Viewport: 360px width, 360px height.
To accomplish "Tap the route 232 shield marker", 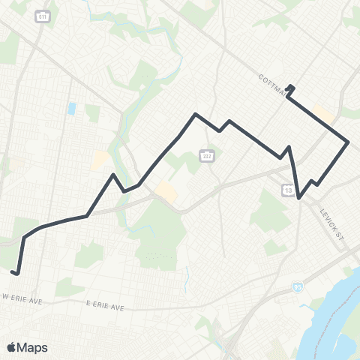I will click(206, 155).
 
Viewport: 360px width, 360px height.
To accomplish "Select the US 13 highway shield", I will click(289, 190).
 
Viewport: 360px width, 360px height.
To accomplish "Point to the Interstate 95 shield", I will click(298, 286).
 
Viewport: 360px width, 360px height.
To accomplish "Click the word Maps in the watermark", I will click(33, 346).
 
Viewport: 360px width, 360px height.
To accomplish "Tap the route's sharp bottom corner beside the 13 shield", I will click(299, 198).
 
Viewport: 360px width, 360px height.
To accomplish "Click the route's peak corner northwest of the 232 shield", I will click(195, 114).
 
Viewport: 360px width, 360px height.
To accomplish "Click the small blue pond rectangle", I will click(71, 109).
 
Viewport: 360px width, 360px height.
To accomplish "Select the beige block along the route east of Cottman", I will click(324, 113).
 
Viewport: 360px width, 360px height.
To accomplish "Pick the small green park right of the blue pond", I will click(92, 112).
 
